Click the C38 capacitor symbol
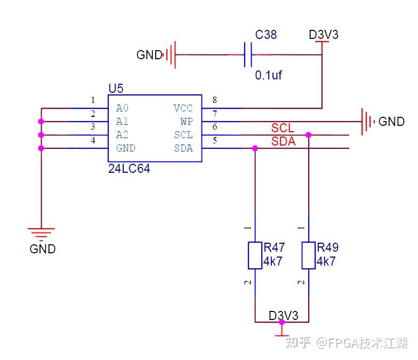(x=248, y=54)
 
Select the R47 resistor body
(x=255, y=255)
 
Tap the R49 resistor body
(x=308, y=255)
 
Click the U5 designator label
(x=116, y=89)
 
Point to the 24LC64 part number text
(x=129, y=169)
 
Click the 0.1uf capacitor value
(x=268, y=75)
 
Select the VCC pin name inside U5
(x=183, y=108)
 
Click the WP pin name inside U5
(x=187, y=122)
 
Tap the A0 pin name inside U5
(x=123, y=108)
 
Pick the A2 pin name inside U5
(x=123, y=134)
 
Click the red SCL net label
(x=283, y=128)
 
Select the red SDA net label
(x=284, y=141)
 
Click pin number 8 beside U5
(x=214, y=100)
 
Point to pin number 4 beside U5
(x=93, y=140)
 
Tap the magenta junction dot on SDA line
(x=255, y=148)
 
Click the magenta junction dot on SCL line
(x=308, y=135)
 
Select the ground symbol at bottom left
(x=42, y=234)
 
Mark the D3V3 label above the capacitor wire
(x=324, y=35)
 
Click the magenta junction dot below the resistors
(x=282, y=322)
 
